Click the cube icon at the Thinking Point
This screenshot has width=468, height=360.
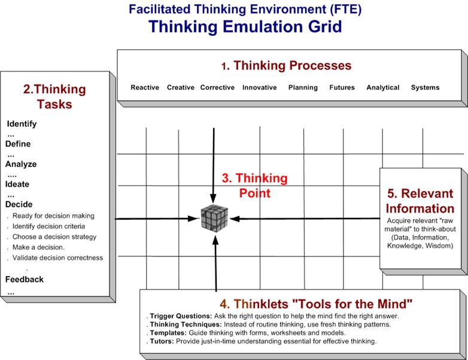[x=214, y=218]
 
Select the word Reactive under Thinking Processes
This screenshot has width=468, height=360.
[x=145, y=87]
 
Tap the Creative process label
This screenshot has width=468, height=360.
[x=181, y=87]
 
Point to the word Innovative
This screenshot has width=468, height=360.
[x=259, y=87]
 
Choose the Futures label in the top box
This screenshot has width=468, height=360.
[x=342, y=87]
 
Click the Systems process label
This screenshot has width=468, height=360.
[x=425, y=87]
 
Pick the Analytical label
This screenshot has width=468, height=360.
[x=383, y=87]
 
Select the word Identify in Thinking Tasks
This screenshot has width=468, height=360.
[x=22, y=124]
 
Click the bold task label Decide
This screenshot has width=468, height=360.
[x=19, y=204]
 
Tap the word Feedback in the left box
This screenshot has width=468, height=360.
[x=25, y=279]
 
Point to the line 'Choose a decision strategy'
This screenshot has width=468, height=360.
[x=54, y=237]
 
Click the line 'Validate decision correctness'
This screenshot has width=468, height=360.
[x=57, y=258]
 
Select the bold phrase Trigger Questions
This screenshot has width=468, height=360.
[x=181, y=316]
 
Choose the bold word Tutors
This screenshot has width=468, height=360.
[x=162, y=341]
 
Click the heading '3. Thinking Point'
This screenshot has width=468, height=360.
[x=254, y=186]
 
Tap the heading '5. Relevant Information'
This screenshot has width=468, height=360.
[x=420, y=201]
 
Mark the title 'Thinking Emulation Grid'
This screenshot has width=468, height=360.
[x=245, y=26]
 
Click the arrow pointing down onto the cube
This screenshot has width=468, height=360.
[x=214, y=165]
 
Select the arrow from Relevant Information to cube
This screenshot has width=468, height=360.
[x=305, y=219]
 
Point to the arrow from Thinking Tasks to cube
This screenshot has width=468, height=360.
[x=157, y=219]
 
